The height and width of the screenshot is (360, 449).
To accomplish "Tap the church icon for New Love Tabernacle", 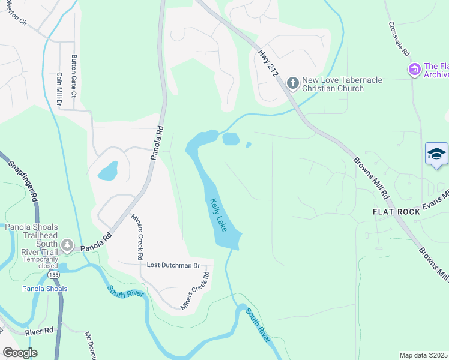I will pos(292,83).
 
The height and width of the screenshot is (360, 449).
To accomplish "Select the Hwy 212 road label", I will pos(265,62).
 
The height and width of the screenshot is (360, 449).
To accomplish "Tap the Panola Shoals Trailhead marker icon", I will pos(67,245).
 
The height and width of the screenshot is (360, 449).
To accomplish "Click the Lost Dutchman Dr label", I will pos(173,265).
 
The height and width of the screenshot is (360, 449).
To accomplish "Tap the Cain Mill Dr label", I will pos(59,90).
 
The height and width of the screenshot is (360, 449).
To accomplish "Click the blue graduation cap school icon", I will pos(436,155).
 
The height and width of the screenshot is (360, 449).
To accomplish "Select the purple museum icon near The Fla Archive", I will pos(414,70).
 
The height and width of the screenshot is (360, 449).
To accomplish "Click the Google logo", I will pos(20,353).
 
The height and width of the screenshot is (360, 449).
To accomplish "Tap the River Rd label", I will pos(39,331).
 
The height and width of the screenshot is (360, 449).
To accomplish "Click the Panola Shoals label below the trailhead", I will pos(45,289).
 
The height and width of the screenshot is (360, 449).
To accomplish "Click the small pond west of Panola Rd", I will pos(109,171).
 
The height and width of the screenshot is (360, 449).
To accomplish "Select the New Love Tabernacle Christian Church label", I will pos(333,84).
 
